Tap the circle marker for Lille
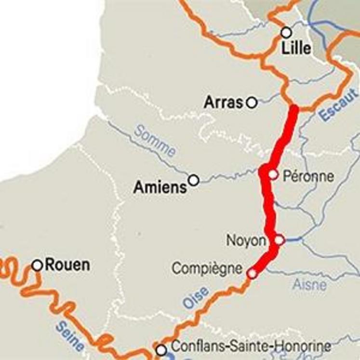point(286,32)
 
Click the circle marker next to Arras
point(251,102)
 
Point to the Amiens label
point(160,187)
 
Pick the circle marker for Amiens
point(193,180)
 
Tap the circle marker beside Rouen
point(37,265)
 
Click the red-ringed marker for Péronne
point(273,174)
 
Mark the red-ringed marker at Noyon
point(279,240)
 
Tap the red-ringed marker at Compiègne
point(252,274)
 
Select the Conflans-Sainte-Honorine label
point(251,346)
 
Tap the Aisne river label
point(309,284)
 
